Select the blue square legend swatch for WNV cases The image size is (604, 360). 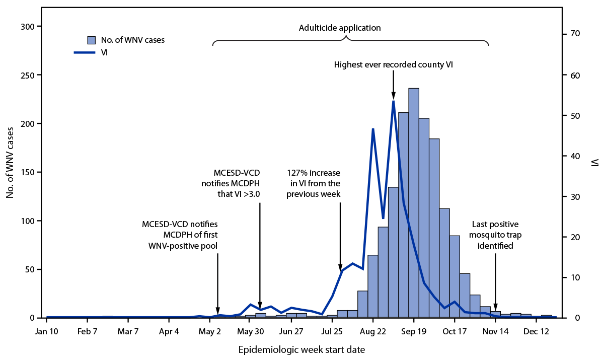point(91,40)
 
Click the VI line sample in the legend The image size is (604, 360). point(84,51)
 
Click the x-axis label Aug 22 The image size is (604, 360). point(373,332)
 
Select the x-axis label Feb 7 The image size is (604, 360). point(88,332)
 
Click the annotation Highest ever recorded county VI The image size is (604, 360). point(394,64)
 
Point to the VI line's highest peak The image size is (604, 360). point(394,101)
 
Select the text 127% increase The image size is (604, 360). point(314,172)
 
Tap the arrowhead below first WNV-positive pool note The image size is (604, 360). point(218,312)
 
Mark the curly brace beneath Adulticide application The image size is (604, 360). point(350,40)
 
